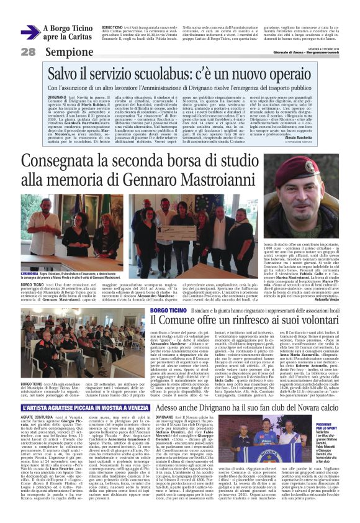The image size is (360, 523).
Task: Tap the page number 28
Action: [x=28, y=52]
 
